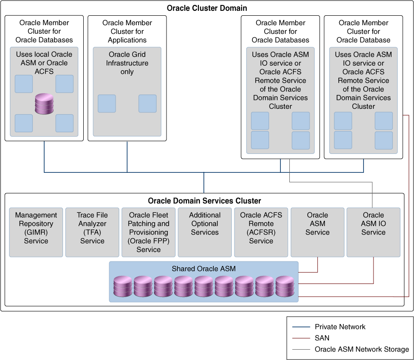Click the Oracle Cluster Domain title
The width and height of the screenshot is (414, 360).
(x=207, y=8)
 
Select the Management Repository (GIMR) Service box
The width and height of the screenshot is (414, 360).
(x=36, y=232)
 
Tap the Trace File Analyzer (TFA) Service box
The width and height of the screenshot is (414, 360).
(x=92, y=232)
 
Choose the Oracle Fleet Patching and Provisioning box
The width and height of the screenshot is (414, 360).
(x=148, y=232)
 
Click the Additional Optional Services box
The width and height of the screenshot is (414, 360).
(x=205, y=232)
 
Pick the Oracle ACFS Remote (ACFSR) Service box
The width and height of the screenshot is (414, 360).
(x=261, y=232)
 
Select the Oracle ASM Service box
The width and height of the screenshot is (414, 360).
(x=317, y=232)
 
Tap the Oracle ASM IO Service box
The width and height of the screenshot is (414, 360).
(x=373, y=232)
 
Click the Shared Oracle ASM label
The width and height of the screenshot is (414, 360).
(x=203, y=269)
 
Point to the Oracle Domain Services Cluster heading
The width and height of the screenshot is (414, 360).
(x=204, y=201)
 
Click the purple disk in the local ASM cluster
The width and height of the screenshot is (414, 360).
(x=44, y=103)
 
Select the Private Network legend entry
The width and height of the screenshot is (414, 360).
(x=340, y=327)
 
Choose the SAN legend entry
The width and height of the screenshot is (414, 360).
(x=322, y=338)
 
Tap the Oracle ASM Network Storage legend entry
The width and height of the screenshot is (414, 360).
(x=361, y=349)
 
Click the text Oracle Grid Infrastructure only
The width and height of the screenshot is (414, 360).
(x=127, y=63)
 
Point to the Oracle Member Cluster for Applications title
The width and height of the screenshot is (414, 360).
(x=127, y=31)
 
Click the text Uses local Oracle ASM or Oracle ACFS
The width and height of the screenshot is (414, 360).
(x=44, y=63)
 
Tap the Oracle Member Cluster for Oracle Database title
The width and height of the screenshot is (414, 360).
(x=363, y=31)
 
